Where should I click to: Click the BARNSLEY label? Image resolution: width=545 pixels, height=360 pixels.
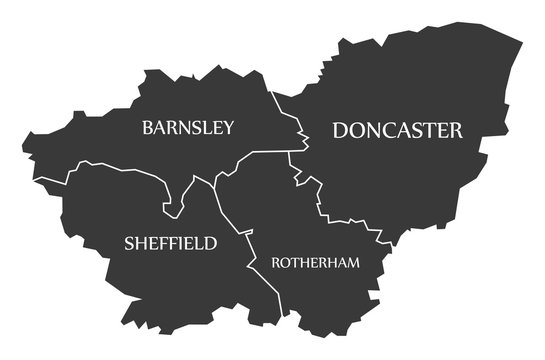pyautogui.click(x=188, y=127)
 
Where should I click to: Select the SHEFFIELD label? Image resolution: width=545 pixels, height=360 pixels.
pyautogui.click(x=170, y=243)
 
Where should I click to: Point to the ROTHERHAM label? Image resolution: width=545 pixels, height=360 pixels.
pyautogui.click(x=315, y=262)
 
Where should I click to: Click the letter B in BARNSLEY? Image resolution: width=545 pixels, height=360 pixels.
pyautogui.click(x=148, y=127)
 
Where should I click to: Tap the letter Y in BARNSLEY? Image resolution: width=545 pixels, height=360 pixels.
pyautogui.click(x=229, y=127)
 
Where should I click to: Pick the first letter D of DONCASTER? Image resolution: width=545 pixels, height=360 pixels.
pyautogui.click(x=341, y=130)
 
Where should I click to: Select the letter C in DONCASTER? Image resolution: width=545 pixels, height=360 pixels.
pyautogui.click(x=393, y=130)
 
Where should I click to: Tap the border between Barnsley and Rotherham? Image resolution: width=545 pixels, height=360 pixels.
pyautogui.click(x=255, y=156)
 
